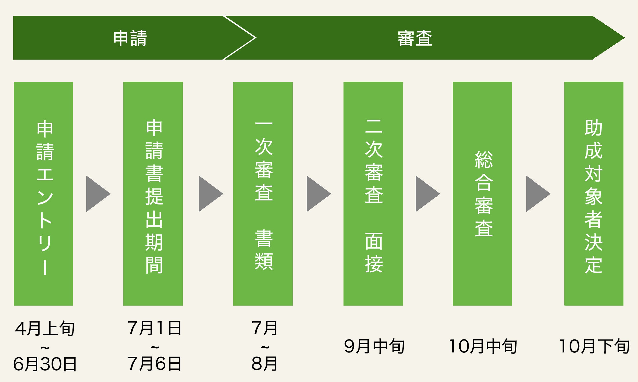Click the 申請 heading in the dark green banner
[130, 38]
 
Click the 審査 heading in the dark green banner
[415, 38]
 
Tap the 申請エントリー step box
[43, 194]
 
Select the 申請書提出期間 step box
[153, 194]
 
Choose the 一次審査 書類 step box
[263, 194]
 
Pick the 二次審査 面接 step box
[373, 194]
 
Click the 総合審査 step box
[482, 194]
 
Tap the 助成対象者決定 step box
[594, 194]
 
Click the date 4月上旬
[45, 329]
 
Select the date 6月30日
[45, 364]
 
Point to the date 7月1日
[154, 328]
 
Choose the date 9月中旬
[374, 346]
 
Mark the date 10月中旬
[483, 346]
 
